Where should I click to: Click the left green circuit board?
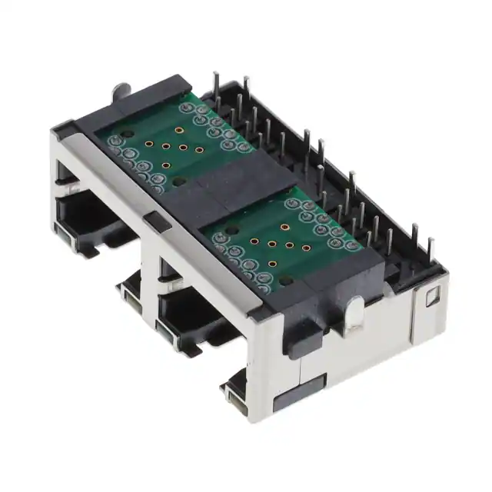coord(169,146)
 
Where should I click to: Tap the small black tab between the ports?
coord(155,221)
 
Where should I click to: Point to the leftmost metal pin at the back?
coord(216,88)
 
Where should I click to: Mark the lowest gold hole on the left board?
coord(165,165)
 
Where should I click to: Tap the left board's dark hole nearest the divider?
coord(178,181)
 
